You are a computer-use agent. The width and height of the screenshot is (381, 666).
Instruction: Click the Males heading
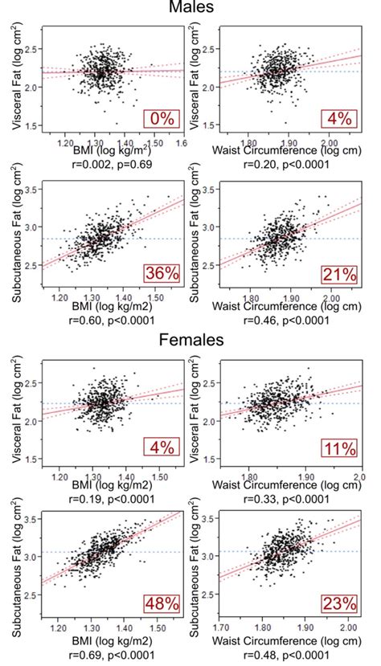click(191, 8)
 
